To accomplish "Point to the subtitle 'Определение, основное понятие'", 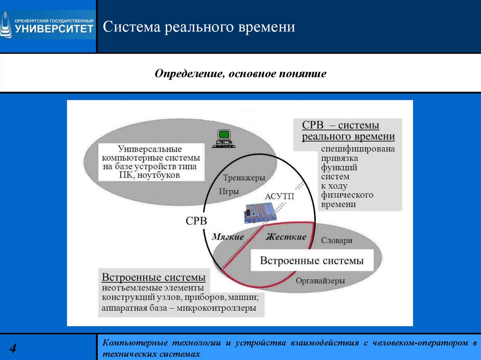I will [240, 74].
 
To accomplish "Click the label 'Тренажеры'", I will [244, 178].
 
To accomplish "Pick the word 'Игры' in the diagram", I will [229, 191].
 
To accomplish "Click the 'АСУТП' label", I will [279, 196].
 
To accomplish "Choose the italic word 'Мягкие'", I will [228, 237].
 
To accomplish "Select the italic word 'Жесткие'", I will [286, 237].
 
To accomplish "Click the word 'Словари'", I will [336, 240].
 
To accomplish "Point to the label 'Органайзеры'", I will [320, 281].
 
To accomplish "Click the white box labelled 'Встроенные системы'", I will [312, 260].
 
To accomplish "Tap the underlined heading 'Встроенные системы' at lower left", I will [154, 277].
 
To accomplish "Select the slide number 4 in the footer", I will [13, 348].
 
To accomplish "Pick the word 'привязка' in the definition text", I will [339, 158].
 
